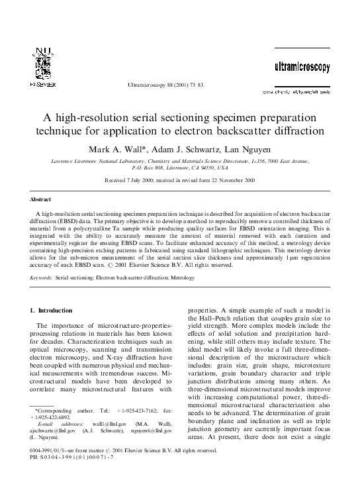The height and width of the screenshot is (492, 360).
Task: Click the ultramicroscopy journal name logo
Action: click(x=302, y=68)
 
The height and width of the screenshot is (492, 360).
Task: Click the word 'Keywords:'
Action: click(x=42, y=278)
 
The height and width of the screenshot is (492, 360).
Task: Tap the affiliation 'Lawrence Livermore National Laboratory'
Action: click(x=95, y=161)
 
